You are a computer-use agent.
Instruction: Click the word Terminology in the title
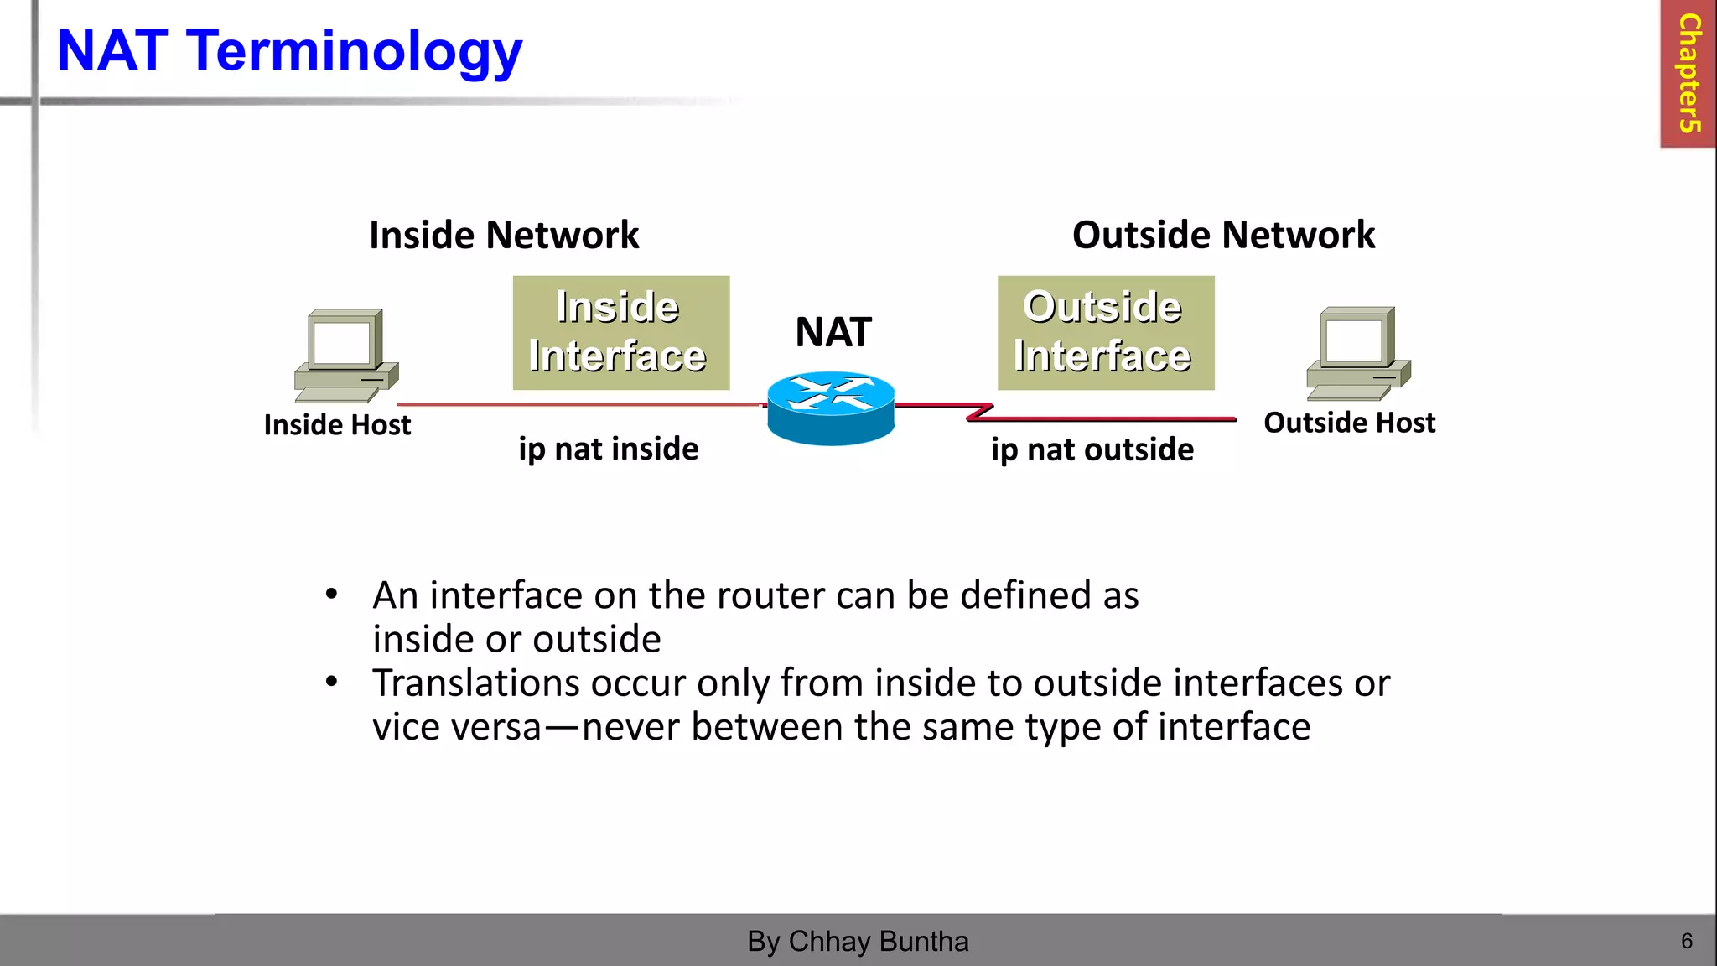point(354,52)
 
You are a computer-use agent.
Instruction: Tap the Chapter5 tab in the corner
point(1688,74)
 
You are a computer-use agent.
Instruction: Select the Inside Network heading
point(504,235)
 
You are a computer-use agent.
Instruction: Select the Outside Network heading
point(1223,235)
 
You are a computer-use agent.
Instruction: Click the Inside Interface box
point(621,332)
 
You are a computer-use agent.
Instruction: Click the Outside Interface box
point(1105,332)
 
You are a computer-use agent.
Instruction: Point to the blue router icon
point(831,408)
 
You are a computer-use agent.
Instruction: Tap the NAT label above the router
point(833,332)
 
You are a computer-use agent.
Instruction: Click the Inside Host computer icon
point(345,356)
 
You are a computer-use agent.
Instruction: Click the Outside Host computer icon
point(1358,353)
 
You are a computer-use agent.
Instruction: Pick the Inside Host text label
point(337,425)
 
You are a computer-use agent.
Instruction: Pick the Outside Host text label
point(1349,423)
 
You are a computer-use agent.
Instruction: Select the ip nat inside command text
point(608,449)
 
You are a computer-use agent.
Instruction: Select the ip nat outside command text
point(1092,450)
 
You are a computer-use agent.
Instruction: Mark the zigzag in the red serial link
point(979,412)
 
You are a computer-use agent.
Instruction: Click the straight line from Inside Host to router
point(578,404)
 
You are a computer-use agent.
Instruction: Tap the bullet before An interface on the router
point(332,595)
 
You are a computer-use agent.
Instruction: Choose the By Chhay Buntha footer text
point(858,942)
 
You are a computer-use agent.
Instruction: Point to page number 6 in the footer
point(1687,941)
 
